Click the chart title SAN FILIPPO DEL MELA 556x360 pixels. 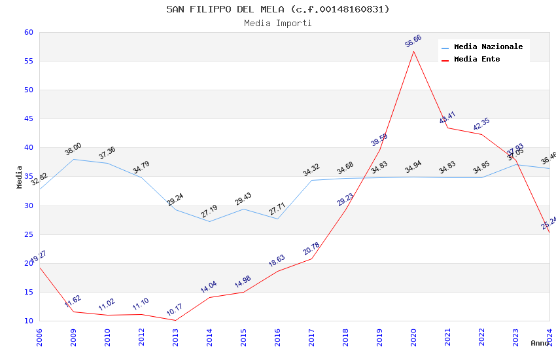277,9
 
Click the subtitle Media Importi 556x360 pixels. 277,24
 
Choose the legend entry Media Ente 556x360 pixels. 477,60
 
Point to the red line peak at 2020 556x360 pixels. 413,51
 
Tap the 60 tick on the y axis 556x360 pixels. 28,33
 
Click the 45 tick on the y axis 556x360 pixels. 28,119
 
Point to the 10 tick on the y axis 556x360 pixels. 28,321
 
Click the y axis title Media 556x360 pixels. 20,177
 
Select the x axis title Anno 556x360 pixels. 540,343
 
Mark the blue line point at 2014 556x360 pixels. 209,221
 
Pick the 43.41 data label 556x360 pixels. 447,118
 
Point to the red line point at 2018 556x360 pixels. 345,209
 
